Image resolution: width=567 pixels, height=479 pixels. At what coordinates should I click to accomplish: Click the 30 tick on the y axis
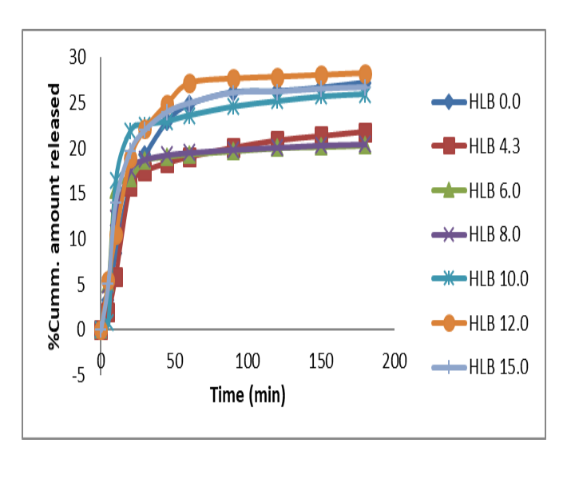tap(77, 57)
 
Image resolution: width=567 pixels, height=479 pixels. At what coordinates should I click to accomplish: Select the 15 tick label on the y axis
tap(77, 194)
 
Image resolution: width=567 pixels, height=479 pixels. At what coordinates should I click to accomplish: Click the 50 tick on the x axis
tap(174, 361)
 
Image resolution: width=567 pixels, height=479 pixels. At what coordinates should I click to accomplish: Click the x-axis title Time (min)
tap(247, 394)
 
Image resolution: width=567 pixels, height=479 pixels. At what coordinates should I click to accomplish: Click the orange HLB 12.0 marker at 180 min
tap(365, 73)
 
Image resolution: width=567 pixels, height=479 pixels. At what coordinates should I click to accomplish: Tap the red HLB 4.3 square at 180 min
tap(365, 132)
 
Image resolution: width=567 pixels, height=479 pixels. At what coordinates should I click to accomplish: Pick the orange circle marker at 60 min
tap(189, 82)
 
